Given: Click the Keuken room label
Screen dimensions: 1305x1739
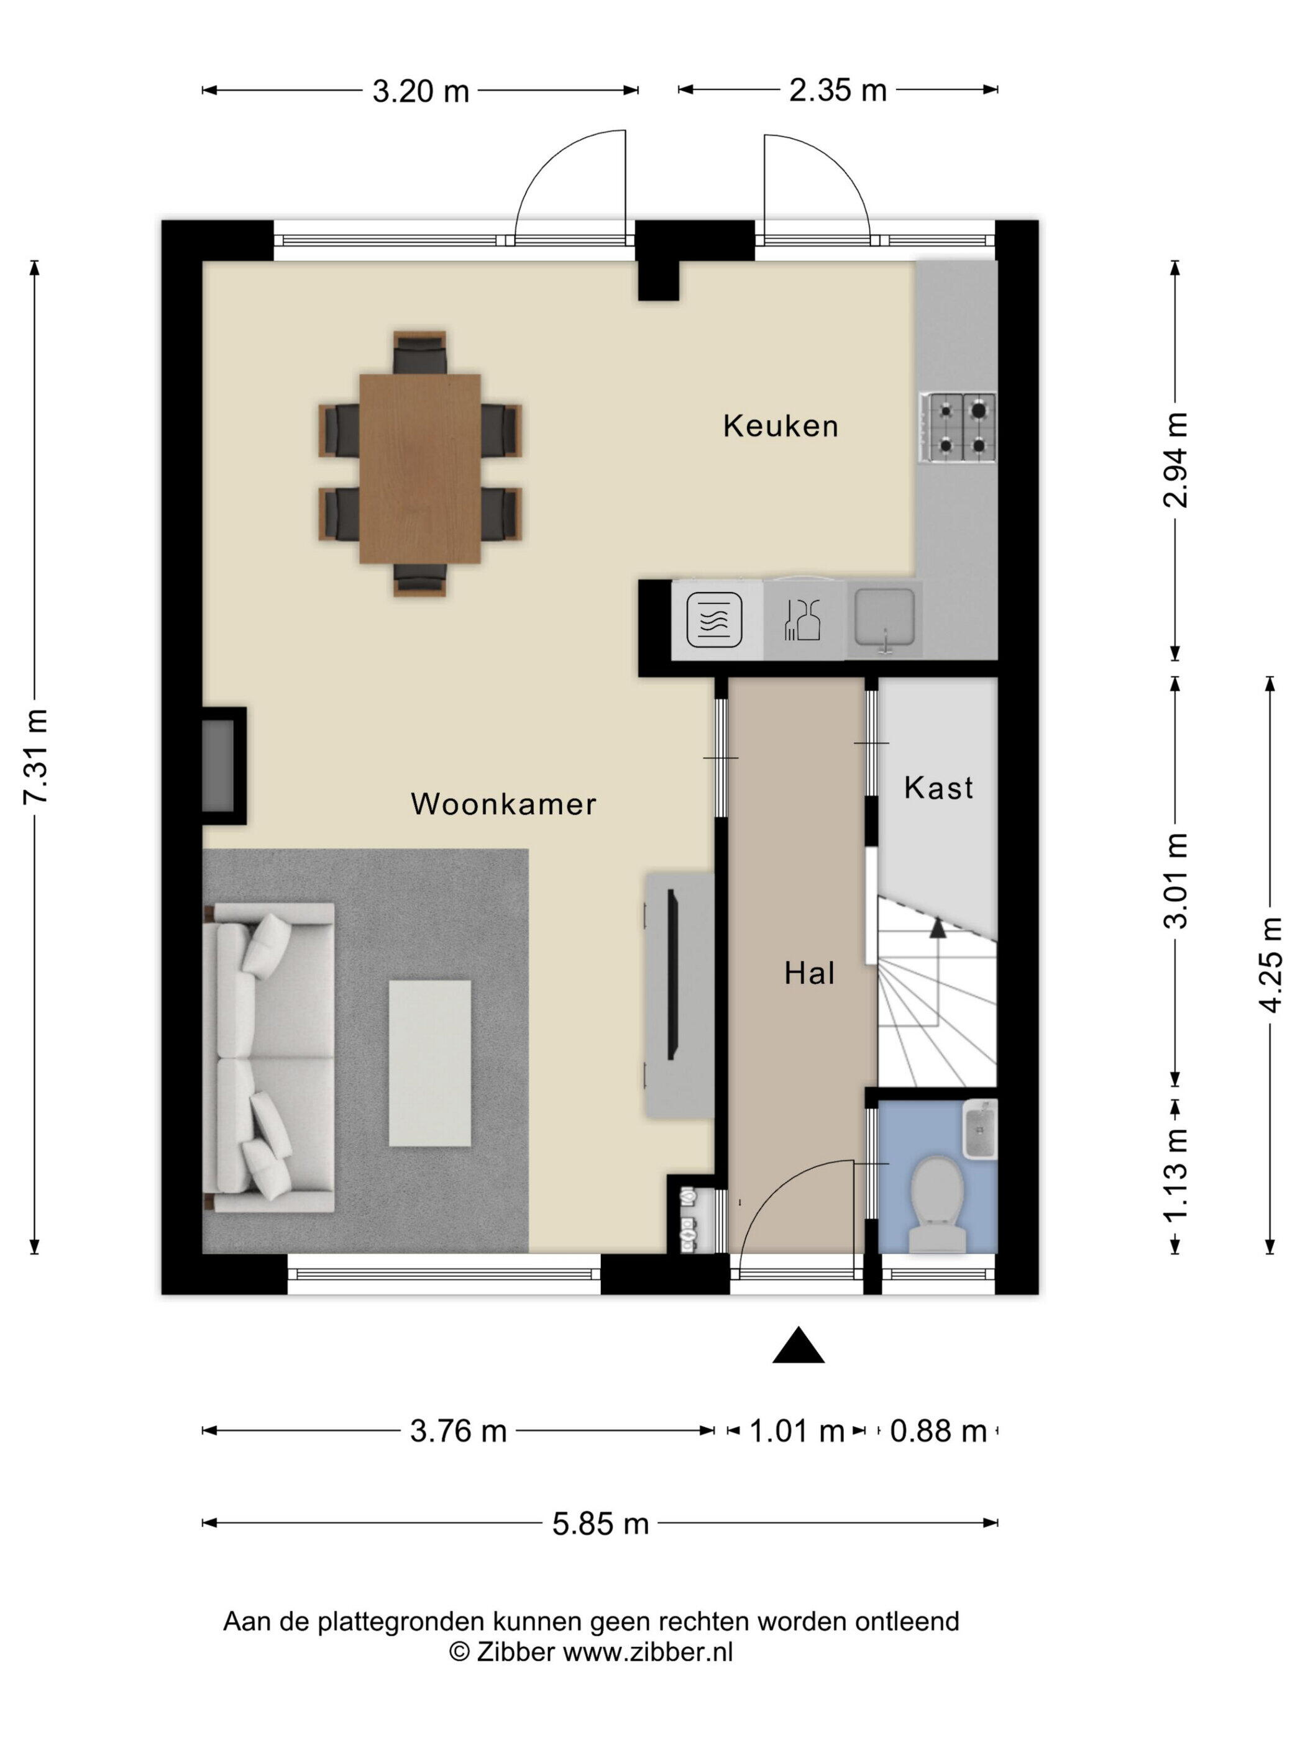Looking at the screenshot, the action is pyautogui.click(x=781, y=426).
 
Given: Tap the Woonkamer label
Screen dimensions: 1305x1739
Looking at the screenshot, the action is pyautogui.click(x=503, y=804).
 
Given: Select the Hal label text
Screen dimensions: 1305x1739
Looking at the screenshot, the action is pyautogui.click(x=808, y=973).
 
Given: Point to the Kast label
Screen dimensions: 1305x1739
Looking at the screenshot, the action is pyautogui.click(x=938, y=787).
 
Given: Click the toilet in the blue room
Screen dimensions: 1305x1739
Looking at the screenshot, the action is pyautogui.click(x=937, y=1203).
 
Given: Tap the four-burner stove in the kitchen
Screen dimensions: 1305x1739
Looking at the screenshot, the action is pyautogui.click(x=959, y=427).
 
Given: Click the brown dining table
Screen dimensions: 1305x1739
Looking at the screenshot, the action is pyautogui.click(x=420, y=468).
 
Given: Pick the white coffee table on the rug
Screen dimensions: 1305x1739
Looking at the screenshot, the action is pyautogui.click(x=429, y=1062).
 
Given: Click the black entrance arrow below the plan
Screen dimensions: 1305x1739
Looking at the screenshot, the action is pyautogui.click(x=799, y=1346).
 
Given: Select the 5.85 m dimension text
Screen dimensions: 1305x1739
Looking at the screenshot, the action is pyautogui.click(x=600, y=1523).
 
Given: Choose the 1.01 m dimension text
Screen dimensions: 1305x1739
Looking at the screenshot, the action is pyautogui.click(x=796, y=1431).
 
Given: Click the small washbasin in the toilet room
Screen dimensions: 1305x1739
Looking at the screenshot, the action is pyautogui.click(x=980, y=1129).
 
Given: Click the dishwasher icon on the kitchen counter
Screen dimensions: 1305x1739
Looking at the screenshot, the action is pyautogui.click(x=802, y=619).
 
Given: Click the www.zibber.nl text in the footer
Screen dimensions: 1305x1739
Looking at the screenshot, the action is pyautogui.click(x=648, y=1651).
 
